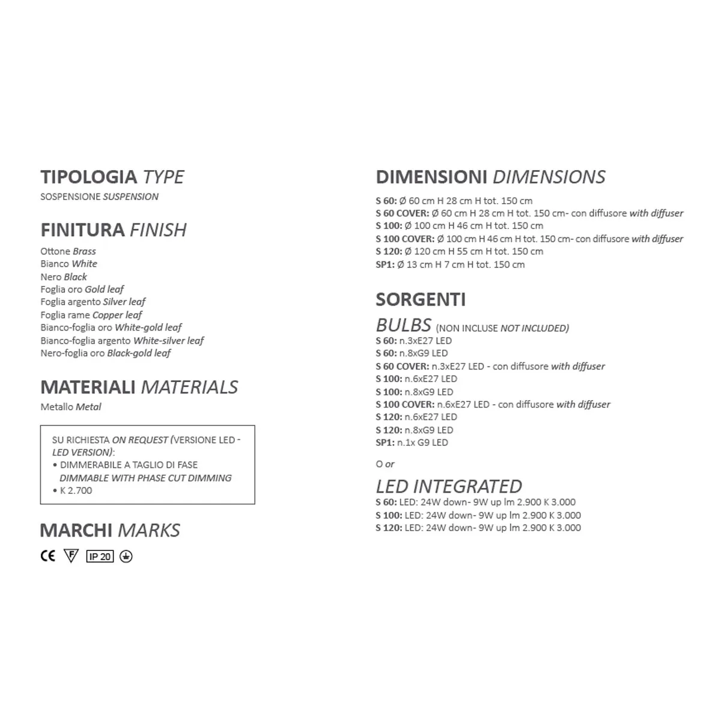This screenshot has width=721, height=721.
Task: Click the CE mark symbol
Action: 47,556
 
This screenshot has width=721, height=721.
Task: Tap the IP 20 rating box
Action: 100,556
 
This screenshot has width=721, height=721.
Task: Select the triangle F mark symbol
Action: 71,556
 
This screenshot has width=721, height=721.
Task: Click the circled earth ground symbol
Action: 126,556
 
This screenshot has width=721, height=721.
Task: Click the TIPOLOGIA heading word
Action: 88,177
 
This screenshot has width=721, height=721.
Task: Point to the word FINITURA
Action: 82,230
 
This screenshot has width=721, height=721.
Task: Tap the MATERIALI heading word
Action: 88,388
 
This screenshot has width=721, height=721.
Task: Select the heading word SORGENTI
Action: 421,299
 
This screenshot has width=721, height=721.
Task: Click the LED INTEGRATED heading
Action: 449,486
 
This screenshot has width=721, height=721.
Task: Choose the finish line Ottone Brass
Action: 68,251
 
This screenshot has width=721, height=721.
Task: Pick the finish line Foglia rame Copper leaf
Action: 91,315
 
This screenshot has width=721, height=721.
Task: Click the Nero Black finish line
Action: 64,277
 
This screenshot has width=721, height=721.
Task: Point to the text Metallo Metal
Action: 71,407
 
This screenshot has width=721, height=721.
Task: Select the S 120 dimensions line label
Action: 389,251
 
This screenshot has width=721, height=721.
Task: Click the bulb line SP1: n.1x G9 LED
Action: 412,442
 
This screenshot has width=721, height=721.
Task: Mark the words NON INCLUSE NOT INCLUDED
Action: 502,328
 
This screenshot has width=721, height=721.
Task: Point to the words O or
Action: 385,464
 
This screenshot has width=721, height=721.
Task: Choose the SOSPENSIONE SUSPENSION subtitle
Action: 99,196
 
